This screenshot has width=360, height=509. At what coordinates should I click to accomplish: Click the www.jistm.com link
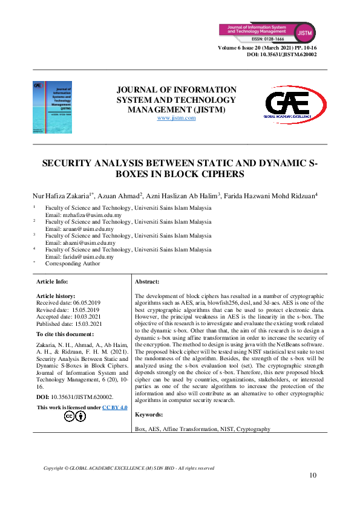[x=176, y=118]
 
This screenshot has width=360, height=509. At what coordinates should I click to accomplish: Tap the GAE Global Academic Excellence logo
[x=295, y=105]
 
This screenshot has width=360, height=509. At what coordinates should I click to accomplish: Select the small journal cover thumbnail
[x=52, y=108]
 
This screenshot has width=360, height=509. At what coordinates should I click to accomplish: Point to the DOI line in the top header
[x=282, y=54]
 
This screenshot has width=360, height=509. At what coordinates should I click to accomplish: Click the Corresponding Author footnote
[x=72, y=263]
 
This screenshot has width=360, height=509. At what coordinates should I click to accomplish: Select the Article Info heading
[x=53, y=282]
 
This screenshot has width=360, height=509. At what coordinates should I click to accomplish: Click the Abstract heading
[x=147, y=282]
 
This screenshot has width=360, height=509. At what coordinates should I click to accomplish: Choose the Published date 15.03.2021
[x=70, y=323]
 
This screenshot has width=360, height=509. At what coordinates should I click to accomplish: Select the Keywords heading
[x=149, y=415]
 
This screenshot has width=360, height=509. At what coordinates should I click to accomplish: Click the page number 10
[x=313, y=475]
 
